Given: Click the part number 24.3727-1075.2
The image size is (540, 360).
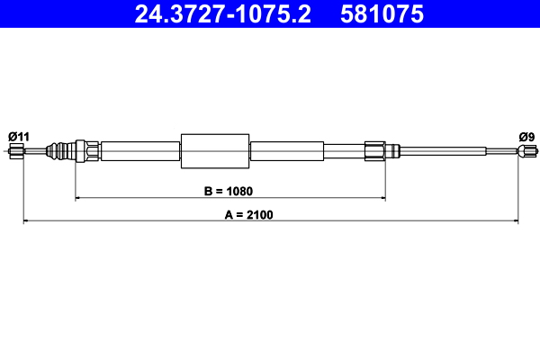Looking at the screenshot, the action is click(223, 14).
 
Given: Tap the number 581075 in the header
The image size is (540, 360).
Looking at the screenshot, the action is click(382, 14).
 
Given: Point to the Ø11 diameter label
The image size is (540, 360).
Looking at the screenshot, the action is click(19, 137).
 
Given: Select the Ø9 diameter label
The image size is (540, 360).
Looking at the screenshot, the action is click(526, 137).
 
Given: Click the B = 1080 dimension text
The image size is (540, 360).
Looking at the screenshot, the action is click(229, 191).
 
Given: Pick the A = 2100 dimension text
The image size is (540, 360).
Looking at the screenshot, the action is click(248, 215).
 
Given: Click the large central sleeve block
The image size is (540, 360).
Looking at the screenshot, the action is click(215, 151).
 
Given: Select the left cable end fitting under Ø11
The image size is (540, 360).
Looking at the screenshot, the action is click(16, 151).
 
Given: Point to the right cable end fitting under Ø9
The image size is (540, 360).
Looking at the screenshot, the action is click(526, 151).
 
